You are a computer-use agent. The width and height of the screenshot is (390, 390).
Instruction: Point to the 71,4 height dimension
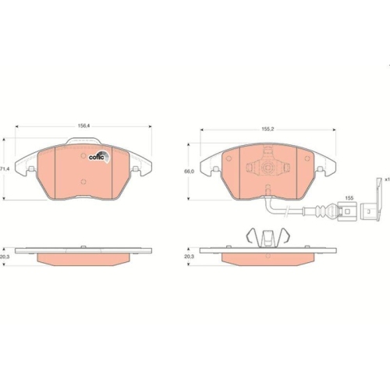(x=4, y=168)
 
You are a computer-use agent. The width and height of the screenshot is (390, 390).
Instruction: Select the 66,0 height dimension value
(x=189, y=169)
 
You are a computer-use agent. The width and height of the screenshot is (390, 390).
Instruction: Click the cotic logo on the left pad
(x=98, y=154)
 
